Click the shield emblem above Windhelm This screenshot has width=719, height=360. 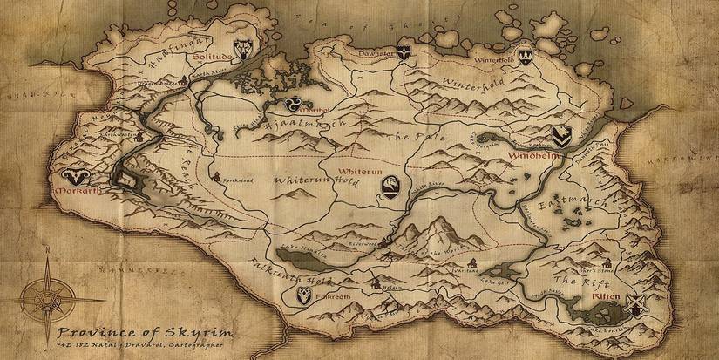click(563, 135)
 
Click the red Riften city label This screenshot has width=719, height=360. click(604, 298)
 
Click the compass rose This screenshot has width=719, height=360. click(44, 291)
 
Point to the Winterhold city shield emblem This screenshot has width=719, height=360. click(526, 56)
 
